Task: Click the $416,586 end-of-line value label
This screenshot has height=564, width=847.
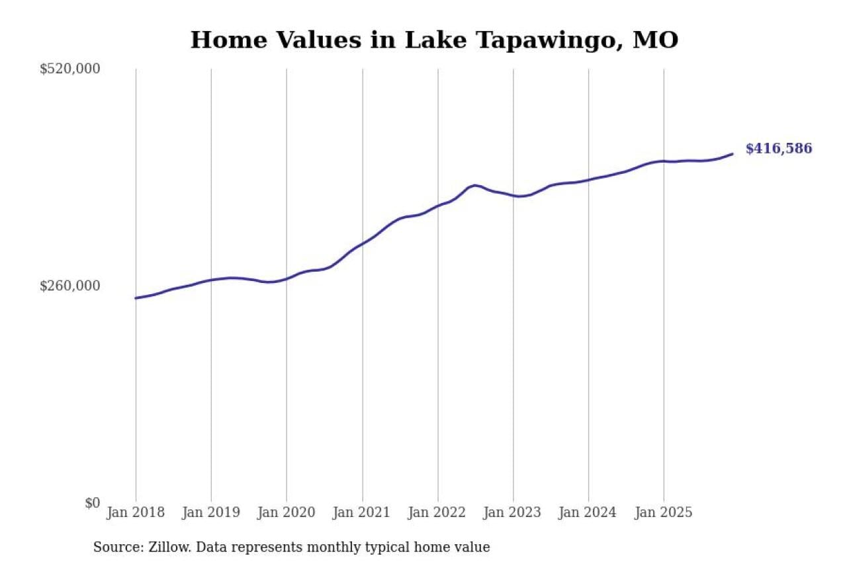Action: (x=778, y=149)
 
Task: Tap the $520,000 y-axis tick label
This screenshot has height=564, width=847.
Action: (x=69, y=69)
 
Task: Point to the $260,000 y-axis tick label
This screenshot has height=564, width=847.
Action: (x=69, y=286)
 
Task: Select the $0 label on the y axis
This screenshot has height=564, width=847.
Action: (x=92, y=503)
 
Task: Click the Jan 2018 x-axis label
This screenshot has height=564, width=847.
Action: (x=136, y=512)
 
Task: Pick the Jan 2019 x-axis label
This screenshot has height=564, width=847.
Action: (x=211, y=512)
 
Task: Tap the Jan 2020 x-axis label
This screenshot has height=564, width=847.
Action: (x=287, y=512)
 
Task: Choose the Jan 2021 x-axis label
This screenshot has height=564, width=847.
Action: (x=362, y=512)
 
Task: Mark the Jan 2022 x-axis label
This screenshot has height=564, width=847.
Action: (x=437, y=512)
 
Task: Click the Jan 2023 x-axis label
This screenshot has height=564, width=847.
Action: (x=513, y=512)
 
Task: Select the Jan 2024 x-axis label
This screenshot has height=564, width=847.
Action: (x=588, y=512)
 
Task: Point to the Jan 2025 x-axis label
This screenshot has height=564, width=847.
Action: (x=664, y=512)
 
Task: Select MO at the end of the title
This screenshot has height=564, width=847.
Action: (x=655, y=40)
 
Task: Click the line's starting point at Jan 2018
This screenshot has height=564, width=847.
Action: (x=136, y=298)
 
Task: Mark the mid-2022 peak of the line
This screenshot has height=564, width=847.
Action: (x=474, y=185)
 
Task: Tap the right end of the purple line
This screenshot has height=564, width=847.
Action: (x=732, y=154)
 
